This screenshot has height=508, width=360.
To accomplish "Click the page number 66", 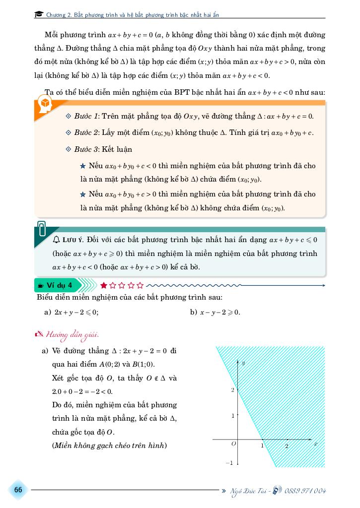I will point(18,490).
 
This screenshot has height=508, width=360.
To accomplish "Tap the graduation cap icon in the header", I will point(39,15).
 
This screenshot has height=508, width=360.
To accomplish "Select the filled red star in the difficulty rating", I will point(104,285).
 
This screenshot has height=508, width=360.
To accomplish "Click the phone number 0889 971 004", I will point(305,491).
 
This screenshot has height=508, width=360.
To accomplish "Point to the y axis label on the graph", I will point(243,363).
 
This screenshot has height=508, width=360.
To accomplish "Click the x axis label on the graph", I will point(315,444).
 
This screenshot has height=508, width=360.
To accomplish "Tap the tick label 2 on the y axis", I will point(232,390).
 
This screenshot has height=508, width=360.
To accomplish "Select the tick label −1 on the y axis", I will point(229,463).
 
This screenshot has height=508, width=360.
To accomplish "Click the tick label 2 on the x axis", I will point(287,446).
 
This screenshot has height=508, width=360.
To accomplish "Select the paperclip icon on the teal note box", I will point(42,229).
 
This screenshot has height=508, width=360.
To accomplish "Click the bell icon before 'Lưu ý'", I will point(56,240).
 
